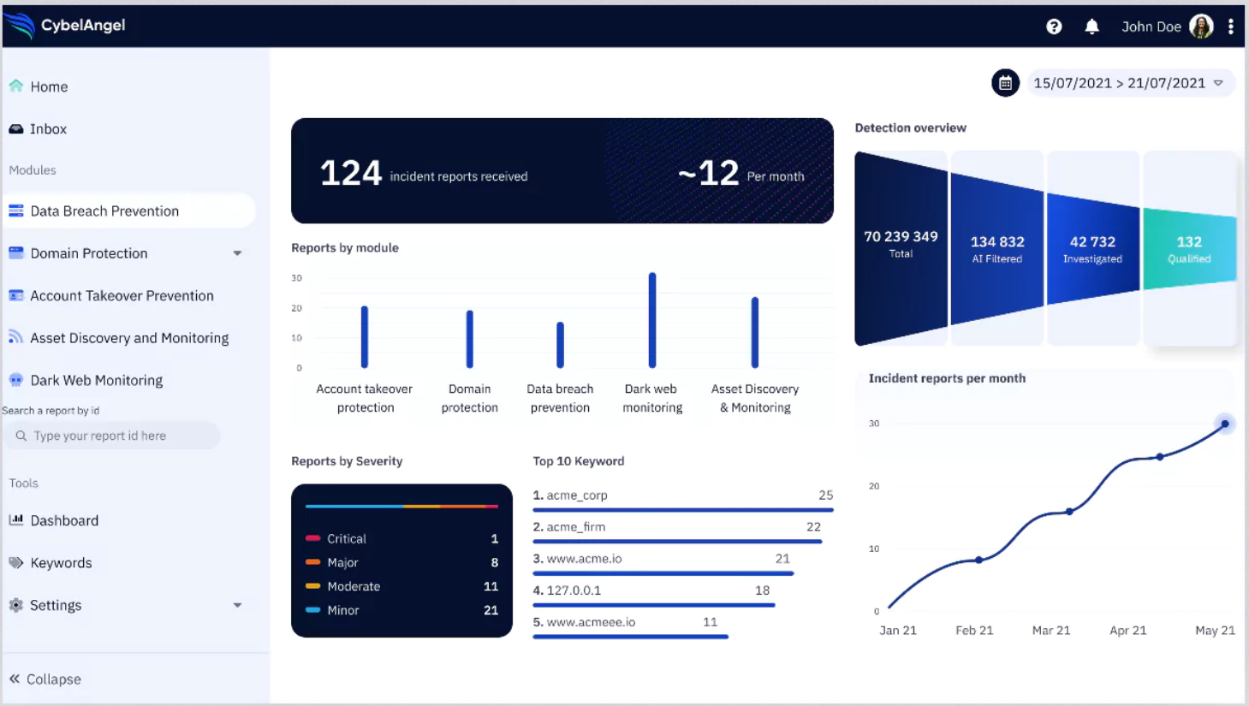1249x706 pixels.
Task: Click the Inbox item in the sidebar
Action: (x=48, y=129)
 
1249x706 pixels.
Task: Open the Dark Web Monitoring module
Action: (x=96, y=380)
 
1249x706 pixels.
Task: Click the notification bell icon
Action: (x=1091, y=27)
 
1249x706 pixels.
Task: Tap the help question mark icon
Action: (x=1054, y=27)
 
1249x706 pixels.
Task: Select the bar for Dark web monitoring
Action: (x=652, y=320)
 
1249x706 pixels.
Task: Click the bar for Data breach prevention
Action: (x=560, y=345)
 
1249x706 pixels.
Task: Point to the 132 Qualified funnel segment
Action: (x=1189, y=248)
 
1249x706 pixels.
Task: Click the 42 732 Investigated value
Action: (x=1092, y=242)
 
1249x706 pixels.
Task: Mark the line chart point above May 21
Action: (x=1225, y=424)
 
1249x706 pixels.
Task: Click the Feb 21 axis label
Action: (x=974, y=631)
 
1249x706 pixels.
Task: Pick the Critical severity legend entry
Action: (x=346, y=539)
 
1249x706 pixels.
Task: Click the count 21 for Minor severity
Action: (x=491, y=610)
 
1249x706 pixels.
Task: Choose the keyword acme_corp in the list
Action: (x=576, y=495)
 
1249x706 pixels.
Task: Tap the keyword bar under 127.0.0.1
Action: (x=653, y=605)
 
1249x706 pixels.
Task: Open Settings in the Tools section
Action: (x=56, y=605)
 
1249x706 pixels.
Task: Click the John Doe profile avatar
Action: (x=1201, y=27)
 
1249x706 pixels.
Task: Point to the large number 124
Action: (x=350, y=173)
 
